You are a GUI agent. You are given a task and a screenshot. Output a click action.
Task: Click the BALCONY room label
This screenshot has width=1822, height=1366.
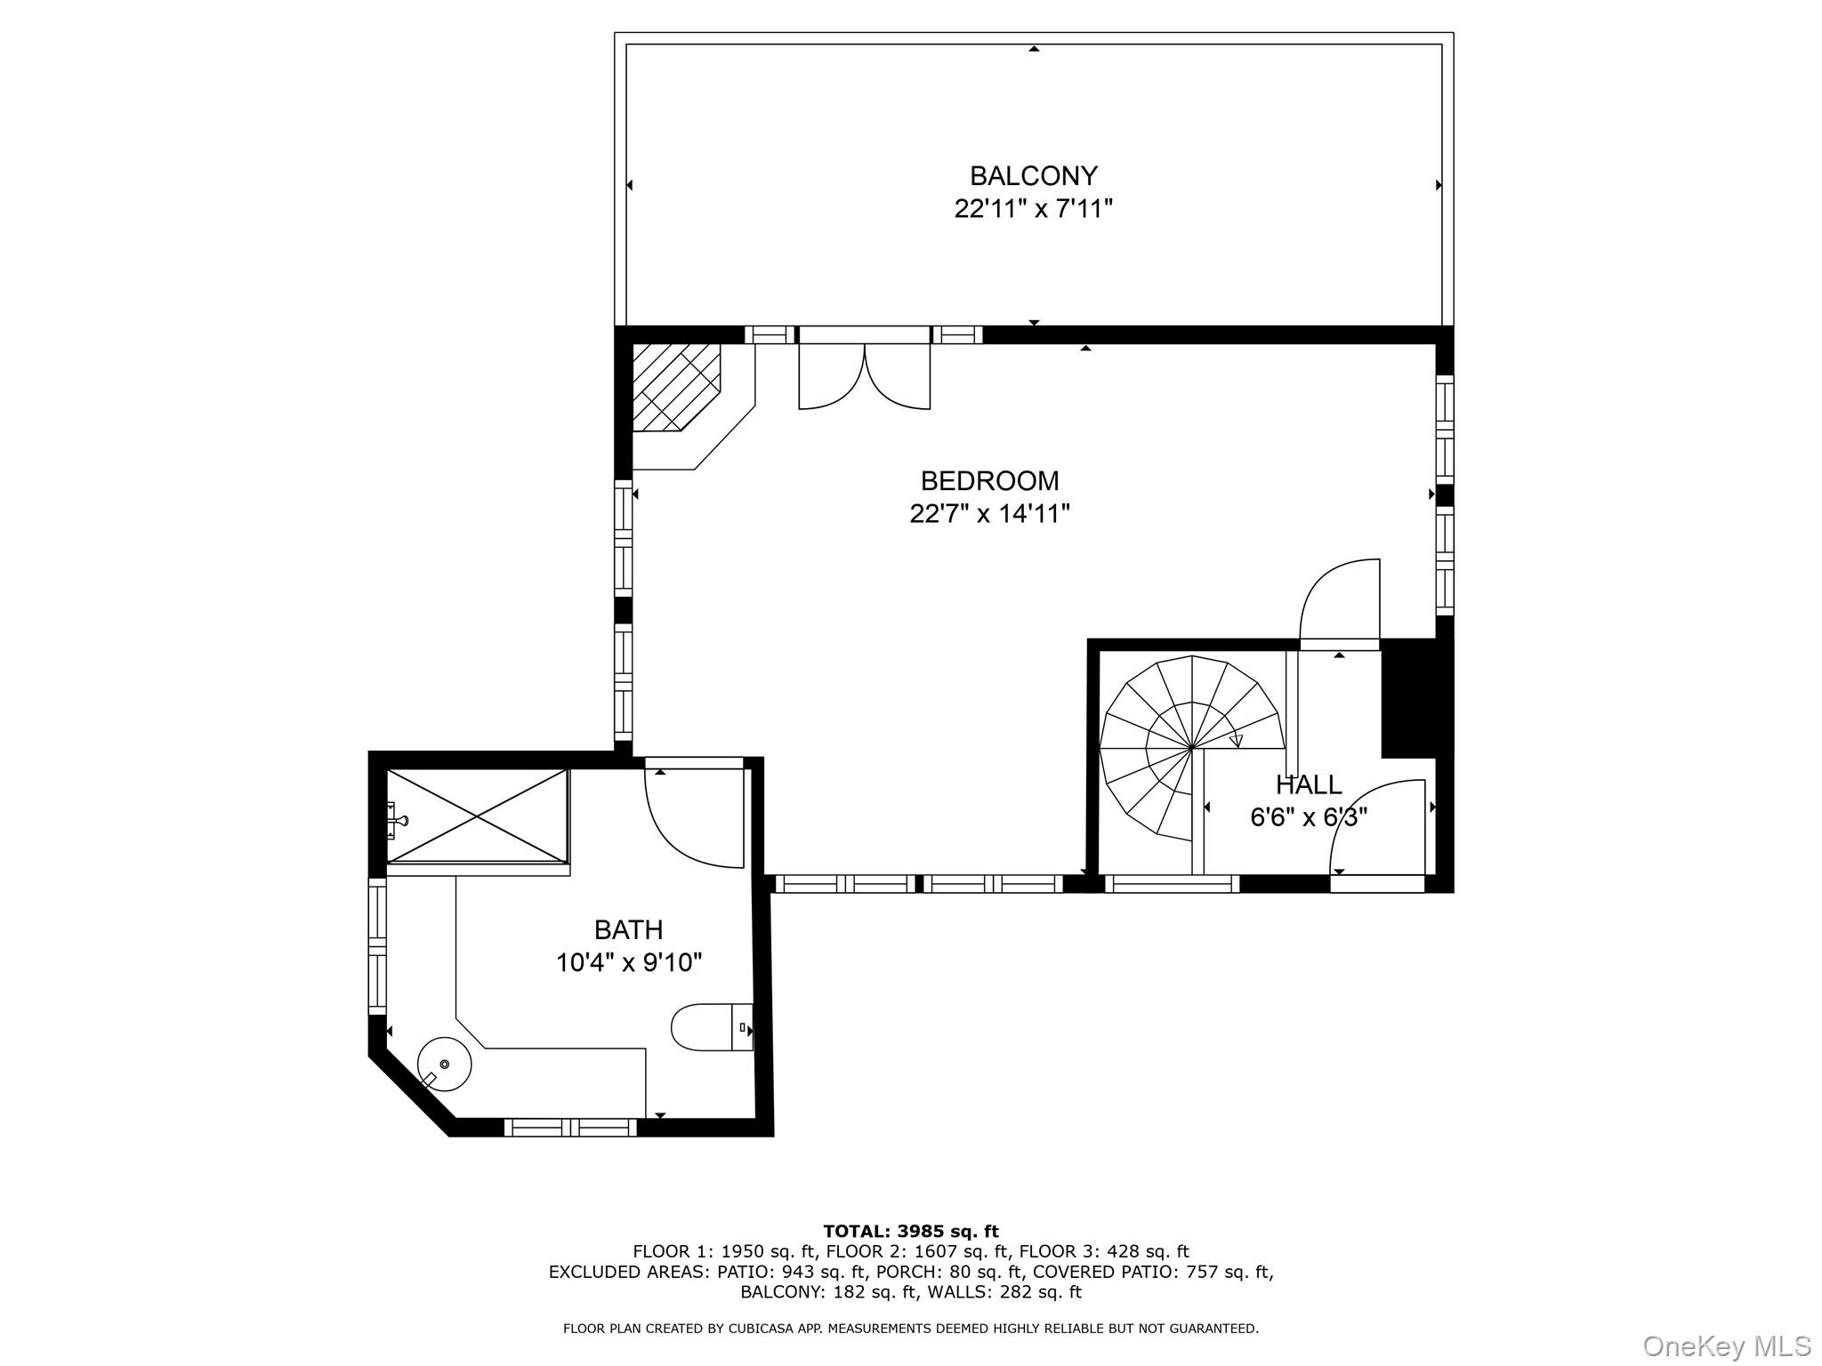click(1033, 175)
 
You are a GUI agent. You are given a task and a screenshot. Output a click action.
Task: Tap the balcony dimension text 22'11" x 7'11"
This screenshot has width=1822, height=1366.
click(1033, 209)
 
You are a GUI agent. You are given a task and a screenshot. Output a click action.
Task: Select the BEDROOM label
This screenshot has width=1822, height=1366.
click(989, 481)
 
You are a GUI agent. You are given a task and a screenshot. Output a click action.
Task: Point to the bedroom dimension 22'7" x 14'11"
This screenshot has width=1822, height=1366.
click(989, 514)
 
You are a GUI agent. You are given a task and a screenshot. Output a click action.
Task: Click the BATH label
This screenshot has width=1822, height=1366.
click(628, 930)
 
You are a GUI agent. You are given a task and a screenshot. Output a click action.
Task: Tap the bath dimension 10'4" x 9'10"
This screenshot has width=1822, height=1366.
click(628, 963)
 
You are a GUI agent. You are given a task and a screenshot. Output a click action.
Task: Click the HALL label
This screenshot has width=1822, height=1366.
click(1309, 785)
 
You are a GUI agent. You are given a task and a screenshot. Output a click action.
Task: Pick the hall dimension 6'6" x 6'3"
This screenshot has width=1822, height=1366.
click(1309, 817)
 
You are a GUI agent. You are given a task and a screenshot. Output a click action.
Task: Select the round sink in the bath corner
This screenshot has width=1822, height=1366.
click(445, 1064)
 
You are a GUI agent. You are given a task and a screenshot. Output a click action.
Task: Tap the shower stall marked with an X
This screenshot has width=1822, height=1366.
click(478, 816)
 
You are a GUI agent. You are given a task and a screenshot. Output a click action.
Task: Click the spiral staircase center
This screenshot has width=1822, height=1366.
click(1190, 748)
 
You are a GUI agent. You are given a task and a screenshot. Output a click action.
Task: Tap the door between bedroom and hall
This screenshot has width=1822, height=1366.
click(1340, 605)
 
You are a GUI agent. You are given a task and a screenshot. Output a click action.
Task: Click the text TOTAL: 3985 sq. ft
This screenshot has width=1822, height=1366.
click(910, 1232)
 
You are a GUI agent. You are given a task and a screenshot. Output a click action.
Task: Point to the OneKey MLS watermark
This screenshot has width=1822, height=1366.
click(1726, 1346)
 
